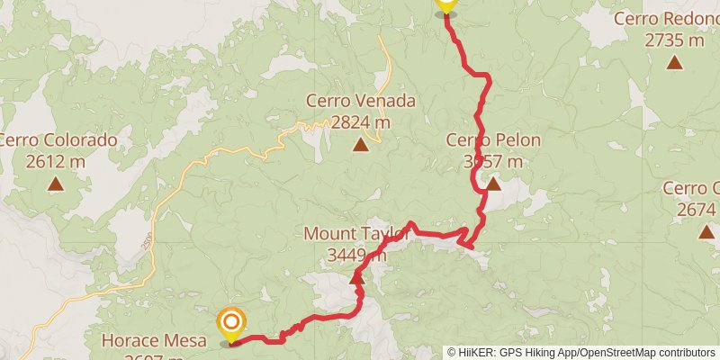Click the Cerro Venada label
click(361, 101)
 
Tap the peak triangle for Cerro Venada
click(361, 144)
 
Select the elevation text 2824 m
click(361, 122)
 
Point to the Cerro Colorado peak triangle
click(56, 184)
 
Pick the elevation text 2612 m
click(56, 162)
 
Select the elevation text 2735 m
click(674, 40)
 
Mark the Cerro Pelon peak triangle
click(493, 184)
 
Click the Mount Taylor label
click(356, 234)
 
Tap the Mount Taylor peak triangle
click(356, 279)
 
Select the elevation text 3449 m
click(356, 256)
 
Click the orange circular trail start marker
click(231, 321)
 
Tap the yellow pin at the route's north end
click(445, 4)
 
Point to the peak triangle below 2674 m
click(704, 231)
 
